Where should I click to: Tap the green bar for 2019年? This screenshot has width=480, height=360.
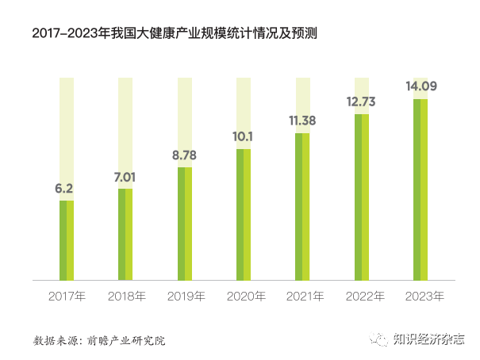click(x=184, y=224)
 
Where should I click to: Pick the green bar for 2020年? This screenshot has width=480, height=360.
click(x=244, y=214)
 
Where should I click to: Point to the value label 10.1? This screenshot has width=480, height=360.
click(x=244, y=137)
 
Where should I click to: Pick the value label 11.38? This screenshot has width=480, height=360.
click(x=302, y=121)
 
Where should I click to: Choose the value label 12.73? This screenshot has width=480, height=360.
click(x=361, y=101)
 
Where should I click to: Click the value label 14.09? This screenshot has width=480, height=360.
click(x=420, y=86)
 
